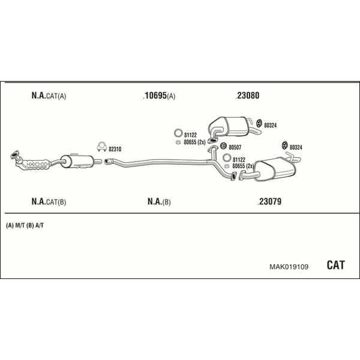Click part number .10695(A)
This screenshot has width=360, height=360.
click(159, 95)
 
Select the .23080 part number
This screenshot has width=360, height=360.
click(247, 95)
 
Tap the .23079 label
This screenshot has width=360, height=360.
click(269, 202)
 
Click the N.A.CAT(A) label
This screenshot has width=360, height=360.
click(49, 95)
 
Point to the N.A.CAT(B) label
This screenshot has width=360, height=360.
click(49, 202)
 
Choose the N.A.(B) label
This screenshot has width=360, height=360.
click(159, 202)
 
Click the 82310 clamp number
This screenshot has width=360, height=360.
click(115, 149)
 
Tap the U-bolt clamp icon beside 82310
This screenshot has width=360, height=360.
click(101, 146)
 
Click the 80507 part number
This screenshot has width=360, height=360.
click(235, 147)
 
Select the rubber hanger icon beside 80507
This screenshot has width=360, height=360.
click(223, 146)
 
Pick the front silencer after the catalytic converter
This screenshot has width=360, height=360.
click(77, 160)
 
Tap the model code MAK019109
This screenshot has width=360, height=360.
click(289, 267)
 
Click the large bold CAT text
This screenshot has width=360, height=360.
click(335, 265)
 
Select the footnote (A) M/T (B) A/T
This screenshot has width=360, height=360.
click(25, 226)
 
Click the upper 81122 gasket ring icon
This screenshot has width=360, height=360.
click(178, 133)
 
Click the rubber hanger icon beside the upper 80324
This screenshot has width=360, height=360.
click(259, 123)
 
